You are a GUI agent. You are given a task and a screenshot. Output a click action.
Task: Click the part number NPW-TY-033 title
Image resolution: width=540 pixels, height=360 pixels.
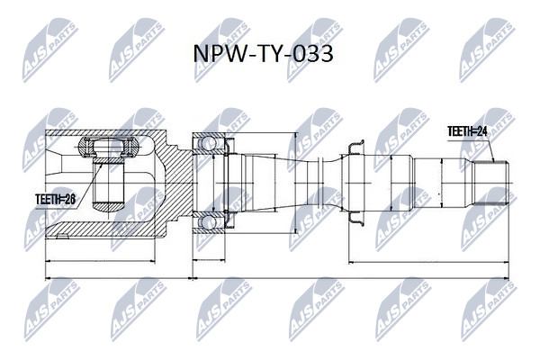tap(263, 54)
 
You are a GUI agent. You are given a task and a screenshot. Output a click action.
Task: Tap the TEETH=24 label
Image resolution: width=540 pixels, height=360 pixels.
tap(467, 130)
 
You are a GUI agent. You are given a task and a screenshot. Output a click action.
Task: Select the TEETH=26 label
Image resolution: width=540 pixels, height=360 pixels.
tap(56, 199)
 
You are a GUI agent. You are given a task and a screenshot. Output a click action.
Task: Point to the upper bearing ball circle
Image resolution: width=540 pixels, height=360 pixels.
tap(209, 142)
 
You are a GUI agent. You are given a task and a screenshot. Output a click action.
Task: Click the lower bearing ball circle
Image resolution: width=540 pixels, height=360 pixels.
tap(209, 222)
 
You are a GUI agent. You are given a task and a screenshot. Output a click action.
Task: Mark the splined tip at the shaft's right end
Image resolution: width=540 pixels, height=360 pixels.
tap(490, 183)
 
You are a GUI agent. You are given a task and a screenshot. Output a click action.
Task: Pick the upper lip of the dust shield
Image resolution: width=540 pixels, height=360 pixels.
tap(355, 148)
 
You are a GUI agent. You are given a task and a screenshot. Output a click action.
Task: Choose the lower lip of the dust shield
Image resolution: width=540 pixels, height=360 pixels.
tap(355, 219)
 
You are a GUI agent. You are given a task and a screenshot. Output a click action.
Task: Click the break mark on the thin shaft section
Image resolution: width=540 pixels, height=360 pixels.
tap(319, 183)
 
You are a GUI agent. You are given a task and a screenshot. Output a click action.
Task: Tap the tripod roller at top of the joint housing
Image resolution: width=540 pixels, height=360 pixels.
tap(109, 148)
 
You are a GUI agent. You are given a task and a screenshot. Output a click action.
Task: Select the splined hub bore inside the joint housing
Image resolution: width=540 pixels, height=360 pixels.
tap(109, 183)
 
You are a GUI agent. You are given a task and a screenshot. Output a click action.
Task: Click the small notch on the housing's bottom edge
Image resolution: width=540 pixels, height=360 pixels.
tap(62, 236)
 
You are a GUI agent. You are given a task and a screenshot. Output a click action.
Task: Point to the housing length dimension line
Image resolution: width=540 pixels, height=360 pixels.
tap(100, 261)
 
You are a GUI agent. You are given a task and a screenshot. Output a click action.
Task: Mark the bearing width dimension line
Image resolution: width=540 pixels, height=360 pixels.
tap(209, 260)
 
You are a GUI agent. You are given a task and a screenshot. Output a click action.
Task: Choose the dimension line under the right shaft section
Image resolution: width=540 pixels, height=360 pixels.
tap(428, 263)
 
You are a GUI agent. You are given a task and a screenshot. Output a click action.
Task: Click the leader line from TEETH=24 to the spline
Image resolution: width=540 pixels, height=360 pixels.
tap(490, 151)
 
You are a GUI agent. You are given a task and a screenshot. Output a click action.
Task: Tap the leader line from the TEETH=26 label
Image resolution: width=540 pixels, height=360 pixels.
tap(89, 185)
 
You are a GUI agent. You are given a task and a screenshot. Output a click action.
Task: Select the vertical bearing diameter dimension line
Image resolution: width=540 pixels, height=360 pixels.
tap(295, 183)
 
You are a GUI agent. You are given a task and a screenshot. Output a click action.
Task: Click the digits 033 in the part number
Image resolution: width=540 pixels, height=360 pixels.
tap(312, 54)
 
